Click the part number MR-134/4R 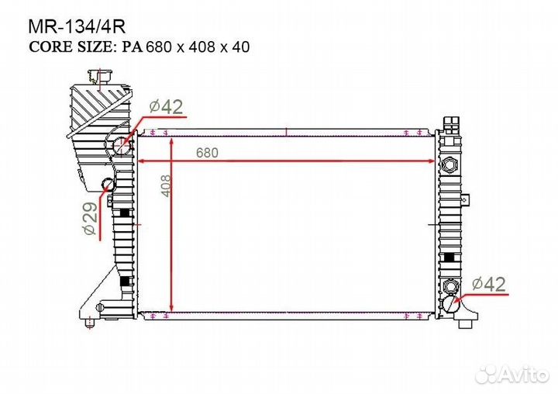[77, 26]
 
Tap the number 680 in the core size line [160, 47]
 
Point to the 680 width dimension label [207, 153]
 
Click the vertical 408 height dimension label [166, 185]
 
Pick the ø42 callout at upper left [166, 106]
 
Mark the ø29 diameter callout [91, 219]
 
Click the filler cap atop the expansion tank [101, 77]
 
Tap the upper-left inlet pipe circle [122, 145]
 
